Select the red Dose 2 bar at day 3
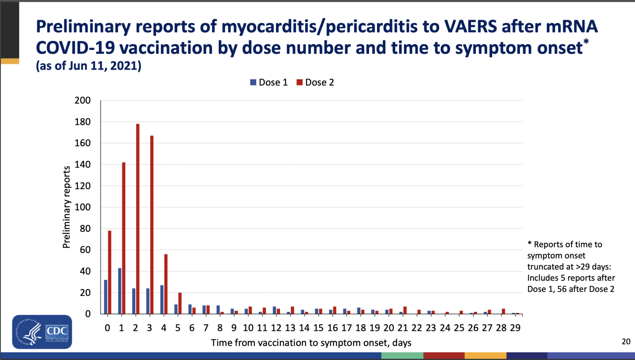(152, 225)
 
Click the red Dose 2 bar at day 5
(180, 303)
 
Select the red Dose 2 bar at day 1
(123, 238)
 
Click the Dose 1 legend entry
(269, 82)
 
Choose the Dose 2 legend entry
(316, 82)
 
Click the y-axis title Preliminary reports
(67, 207)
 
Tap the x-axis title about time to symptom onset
(311, 342)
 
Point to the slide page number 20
(626, 341)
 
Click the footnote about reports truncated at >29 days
(571, 267)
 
